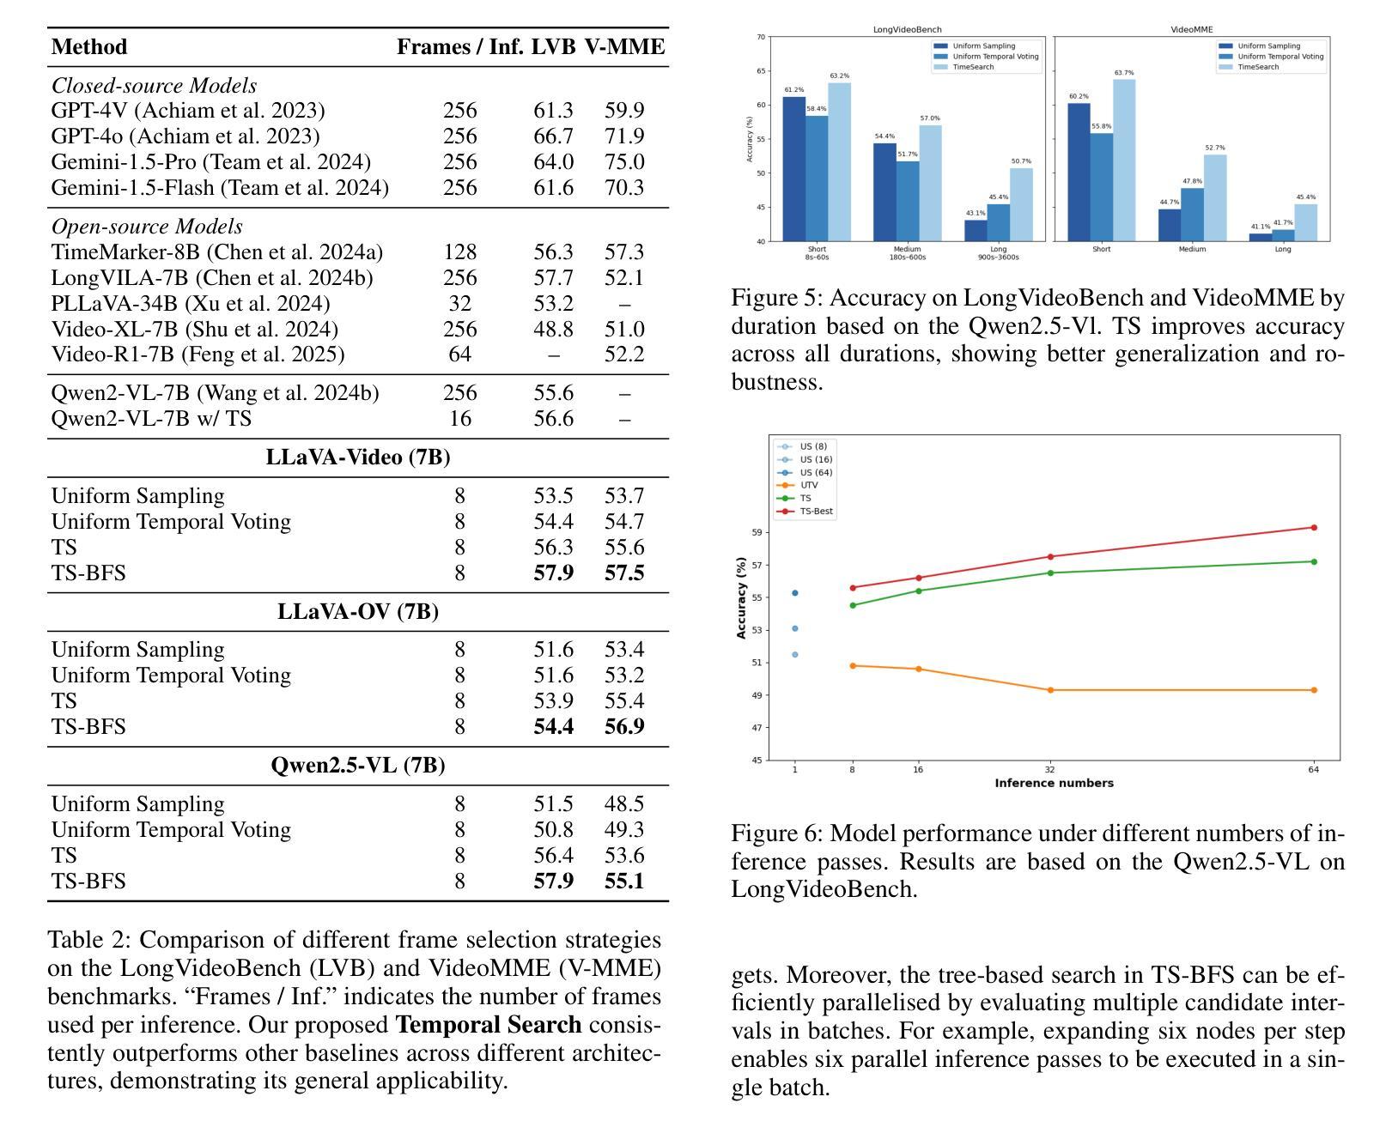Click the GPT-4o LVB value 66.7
(x=553, y=136)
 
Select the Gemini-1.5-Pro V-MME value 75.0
(x=624, y=161)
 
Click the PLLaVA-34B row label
(x=191, y=303)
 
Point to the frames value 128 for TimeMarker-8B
(x=460, y=251)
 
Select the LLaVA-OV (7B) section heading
(x=358, y=611)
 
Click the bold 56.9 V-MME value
(x=624, y=726)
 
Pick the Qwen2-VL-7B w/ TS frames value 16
(x=460, y=418)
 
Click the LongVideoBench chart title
(x=907, y=30)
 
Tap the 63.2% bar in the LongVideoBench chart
(x=840, y=161)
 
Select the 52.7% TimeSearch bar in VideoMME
(x=1215, y=197)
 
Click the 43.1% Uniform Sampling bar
(x=976, y=231)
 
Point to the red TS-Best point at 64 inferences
(x=1314, y=528)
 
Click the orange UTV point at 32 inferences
(x=1050, y=690)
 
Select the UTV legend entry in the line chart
(x=798, y=485)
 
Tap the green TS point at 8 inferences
(x=853, y=606)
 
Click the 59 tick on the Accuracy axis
(x=757, y=533)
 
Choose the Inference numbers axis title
(x=1054, y=783)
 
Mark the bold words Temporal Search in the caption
(x=489, y=1025)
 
